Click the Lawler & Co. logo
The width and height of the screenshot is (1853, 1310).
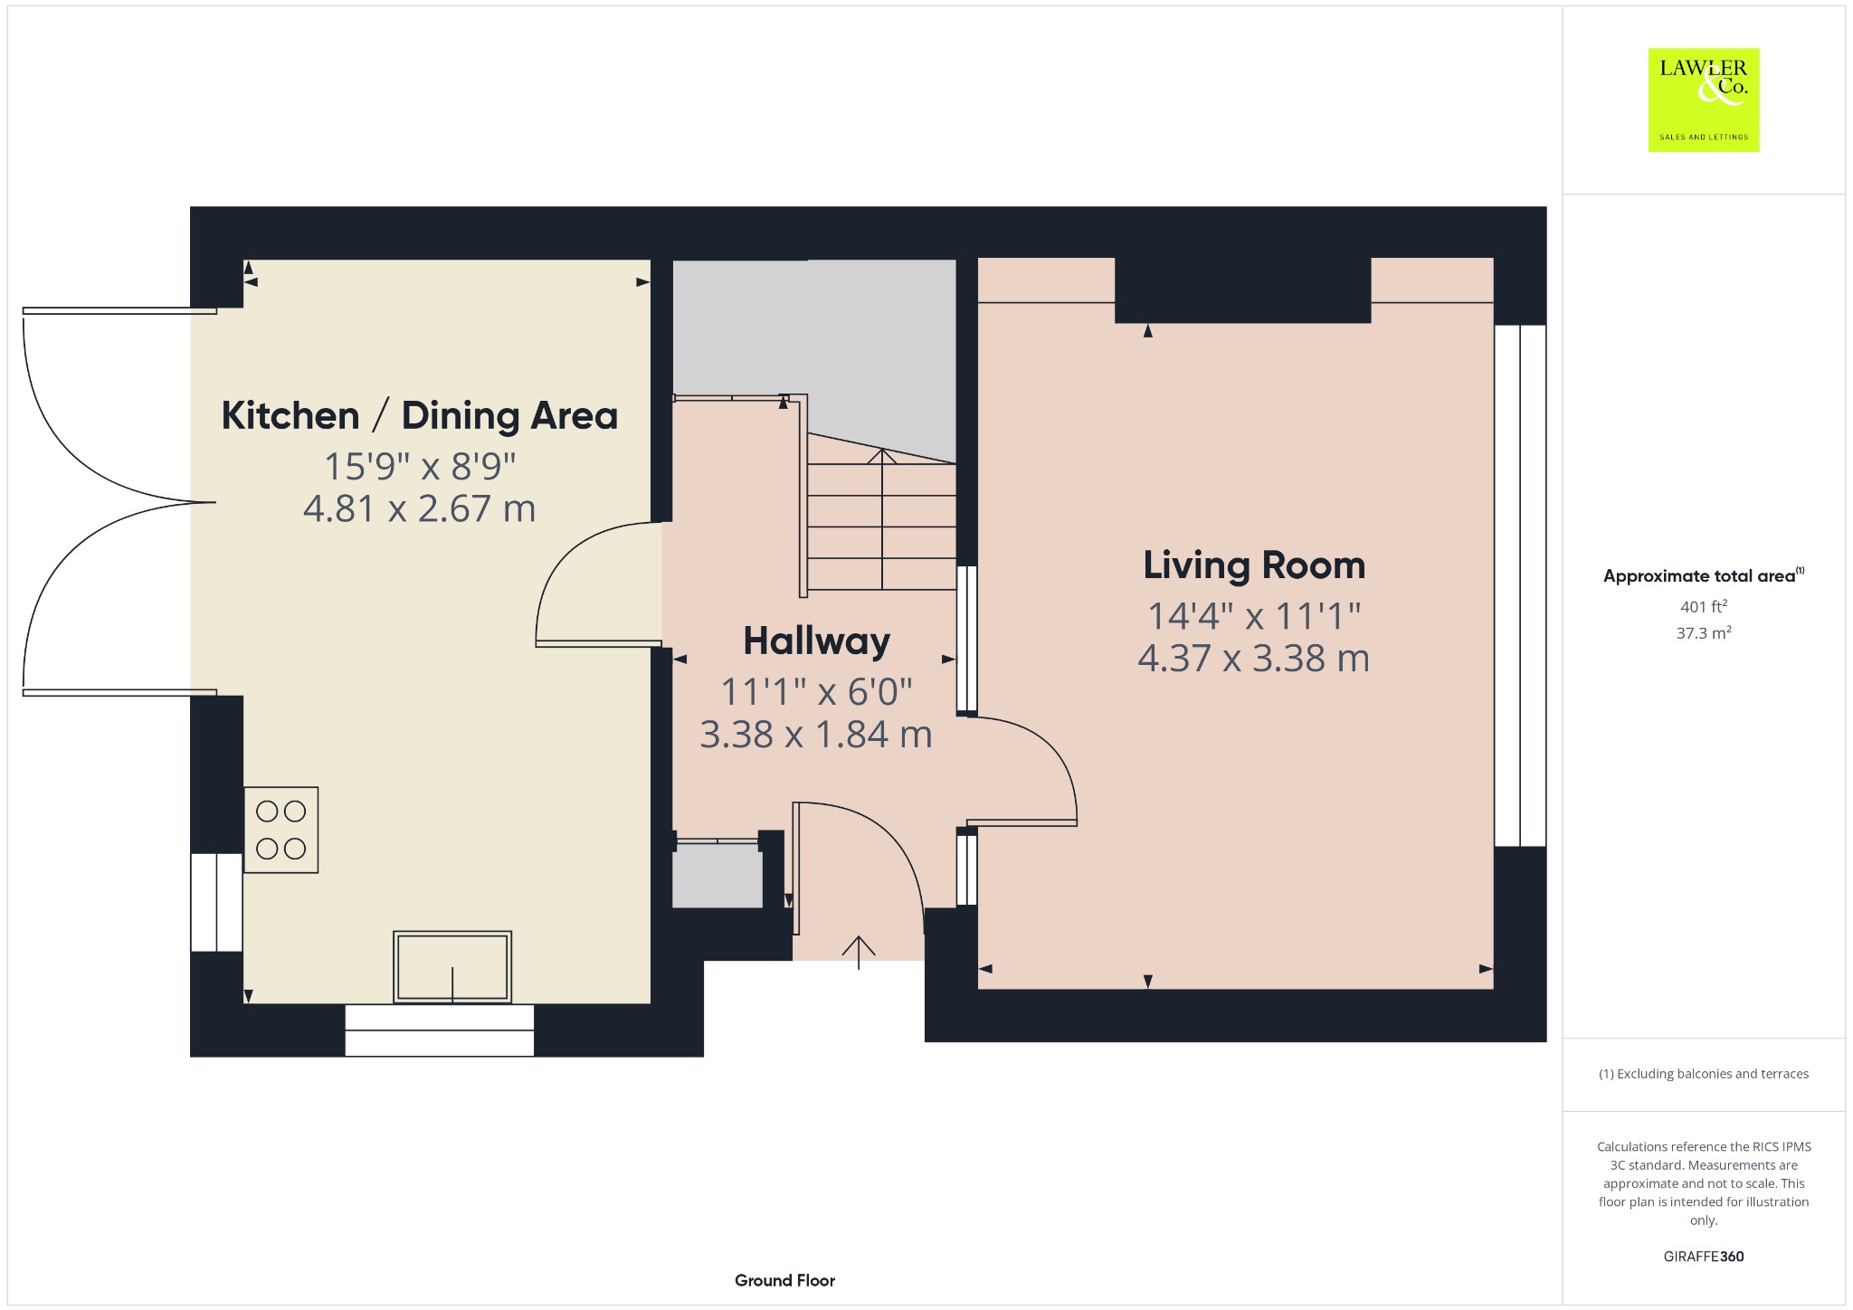point(1704,100)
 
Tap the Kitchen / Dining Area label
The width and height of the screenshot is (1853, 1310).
point(420,416)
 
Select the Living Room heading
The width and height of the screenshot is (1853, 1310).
point(1254,565)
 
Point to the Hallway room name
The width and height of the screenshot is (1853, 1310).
point(816,641)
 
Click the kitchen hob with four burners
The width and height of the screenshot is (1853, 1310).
point(281,830)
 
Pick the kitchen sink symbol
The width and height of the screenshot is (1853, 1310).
point(452,967)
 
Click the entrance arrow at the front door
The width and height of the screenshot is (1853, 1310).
point(859,953)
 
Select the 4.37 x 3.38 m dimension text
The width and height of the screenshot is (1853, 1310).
point(1254,659)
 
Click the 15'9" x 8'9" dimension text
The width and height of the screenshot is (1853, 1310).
point(420,467)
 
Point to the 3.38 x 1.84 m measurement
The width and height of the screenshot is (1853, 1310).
point(816,735)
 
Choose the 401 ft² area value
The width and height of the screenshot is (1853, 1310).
point(1704,606)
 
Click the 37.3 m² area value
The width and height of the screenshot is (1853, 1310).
point(1704,632)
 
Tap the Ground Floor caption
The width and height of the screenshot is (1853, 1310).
point(784,1280)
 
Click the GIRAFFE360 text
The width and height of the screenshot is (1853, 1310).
point(1704,1256)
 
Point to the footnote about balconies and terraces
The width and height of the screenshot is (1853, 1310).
point(1704,1074)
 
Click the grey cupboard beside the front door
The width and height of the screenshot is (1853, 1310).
point(717,876)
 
